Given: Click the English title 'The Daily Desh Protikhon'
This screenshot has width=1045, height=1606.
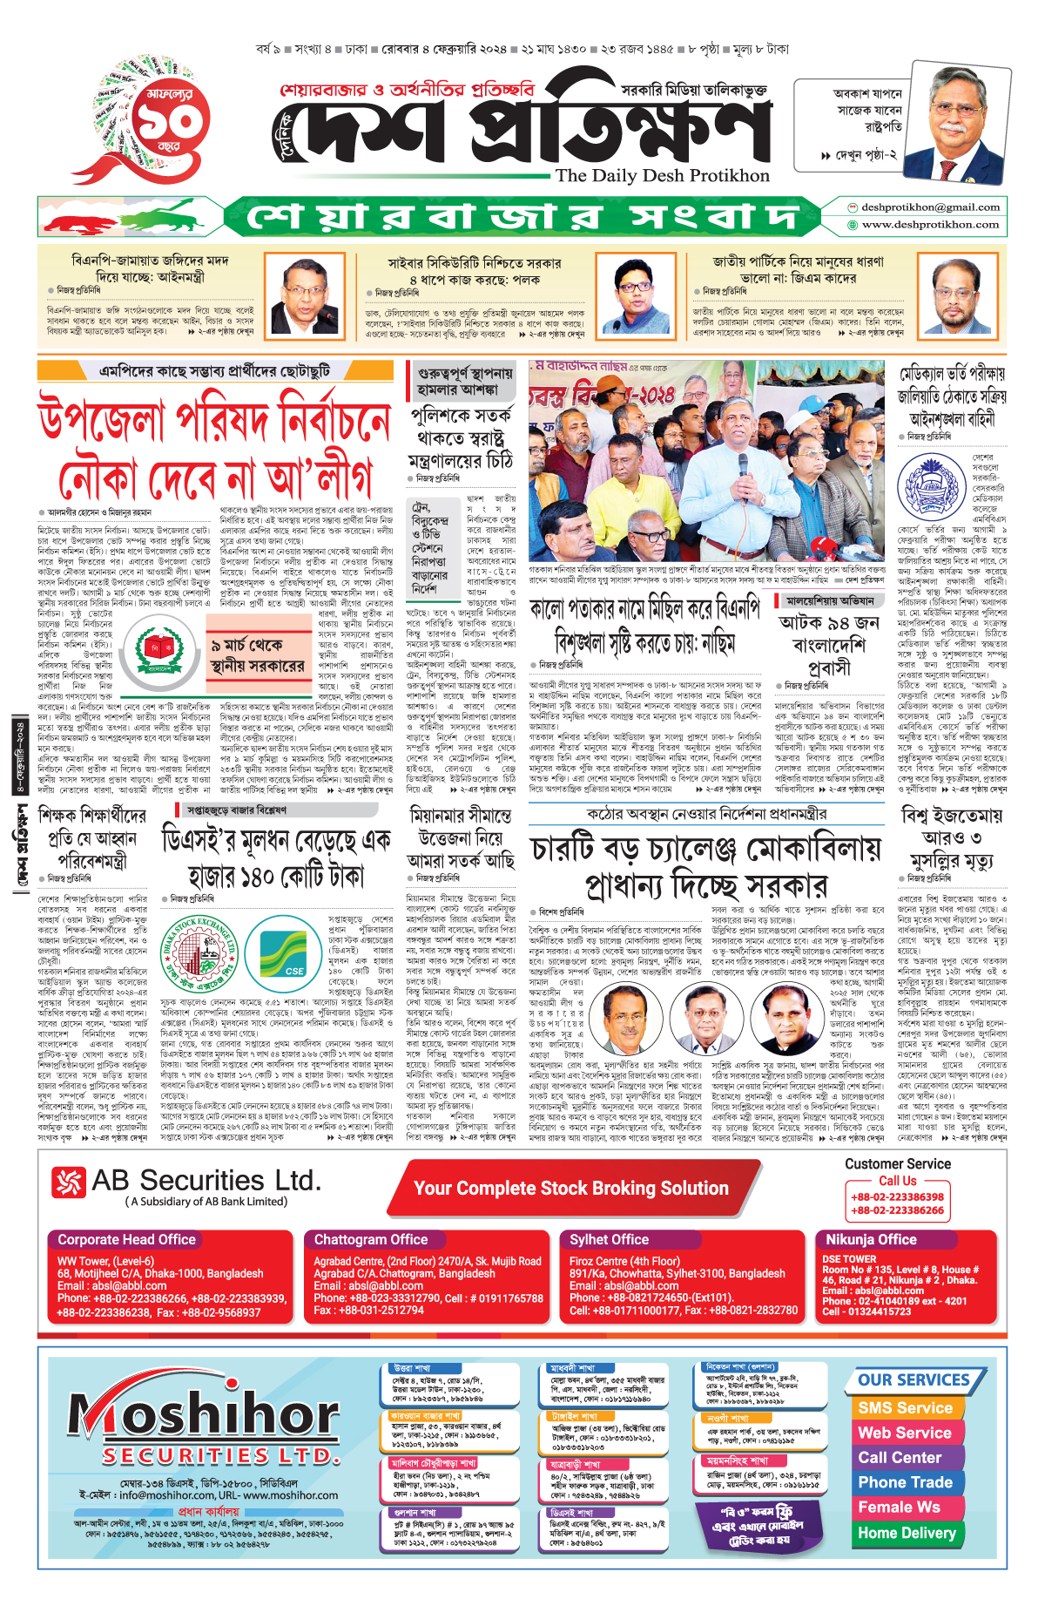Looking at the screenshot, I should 662,175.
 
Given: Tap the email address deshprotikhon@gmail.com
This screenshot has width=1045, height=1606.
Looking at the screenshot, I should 929,207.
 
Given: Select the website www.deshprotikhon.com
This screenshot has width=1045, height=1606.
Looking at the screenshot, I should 930,224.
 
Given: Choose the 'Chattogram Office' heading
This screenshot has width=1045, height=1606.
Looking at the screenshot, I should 371,1239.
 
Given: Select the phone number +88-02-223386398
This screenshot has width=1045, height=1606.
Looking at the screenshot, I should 897,1196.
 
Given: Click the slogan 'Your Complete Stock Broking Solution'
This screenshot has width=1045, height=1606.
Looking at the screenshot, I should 570,1188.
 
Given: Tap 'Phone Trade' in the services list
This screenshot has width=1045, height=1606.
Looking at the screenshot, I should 905,1482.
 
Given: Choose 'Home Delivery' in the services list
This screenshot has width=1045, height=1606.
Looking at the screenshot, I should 907,1533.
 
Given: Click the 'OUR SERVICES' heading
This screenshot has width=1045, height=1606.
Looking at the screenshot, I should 914,1380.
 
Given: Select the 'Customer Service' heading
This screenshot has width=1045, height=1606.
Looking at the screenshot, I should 897,1164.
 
